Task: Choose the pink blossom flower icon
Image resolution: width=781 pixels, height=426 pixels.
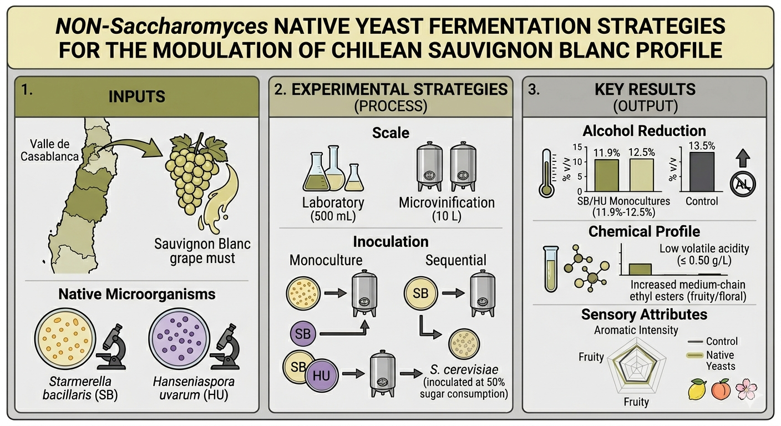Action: (745, 389)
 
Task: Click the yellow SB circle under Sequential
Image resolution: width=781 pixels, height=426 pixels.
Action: (420, 292)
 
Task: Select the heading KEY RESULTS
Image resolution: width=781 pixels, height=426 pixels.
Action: (645, 90)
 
